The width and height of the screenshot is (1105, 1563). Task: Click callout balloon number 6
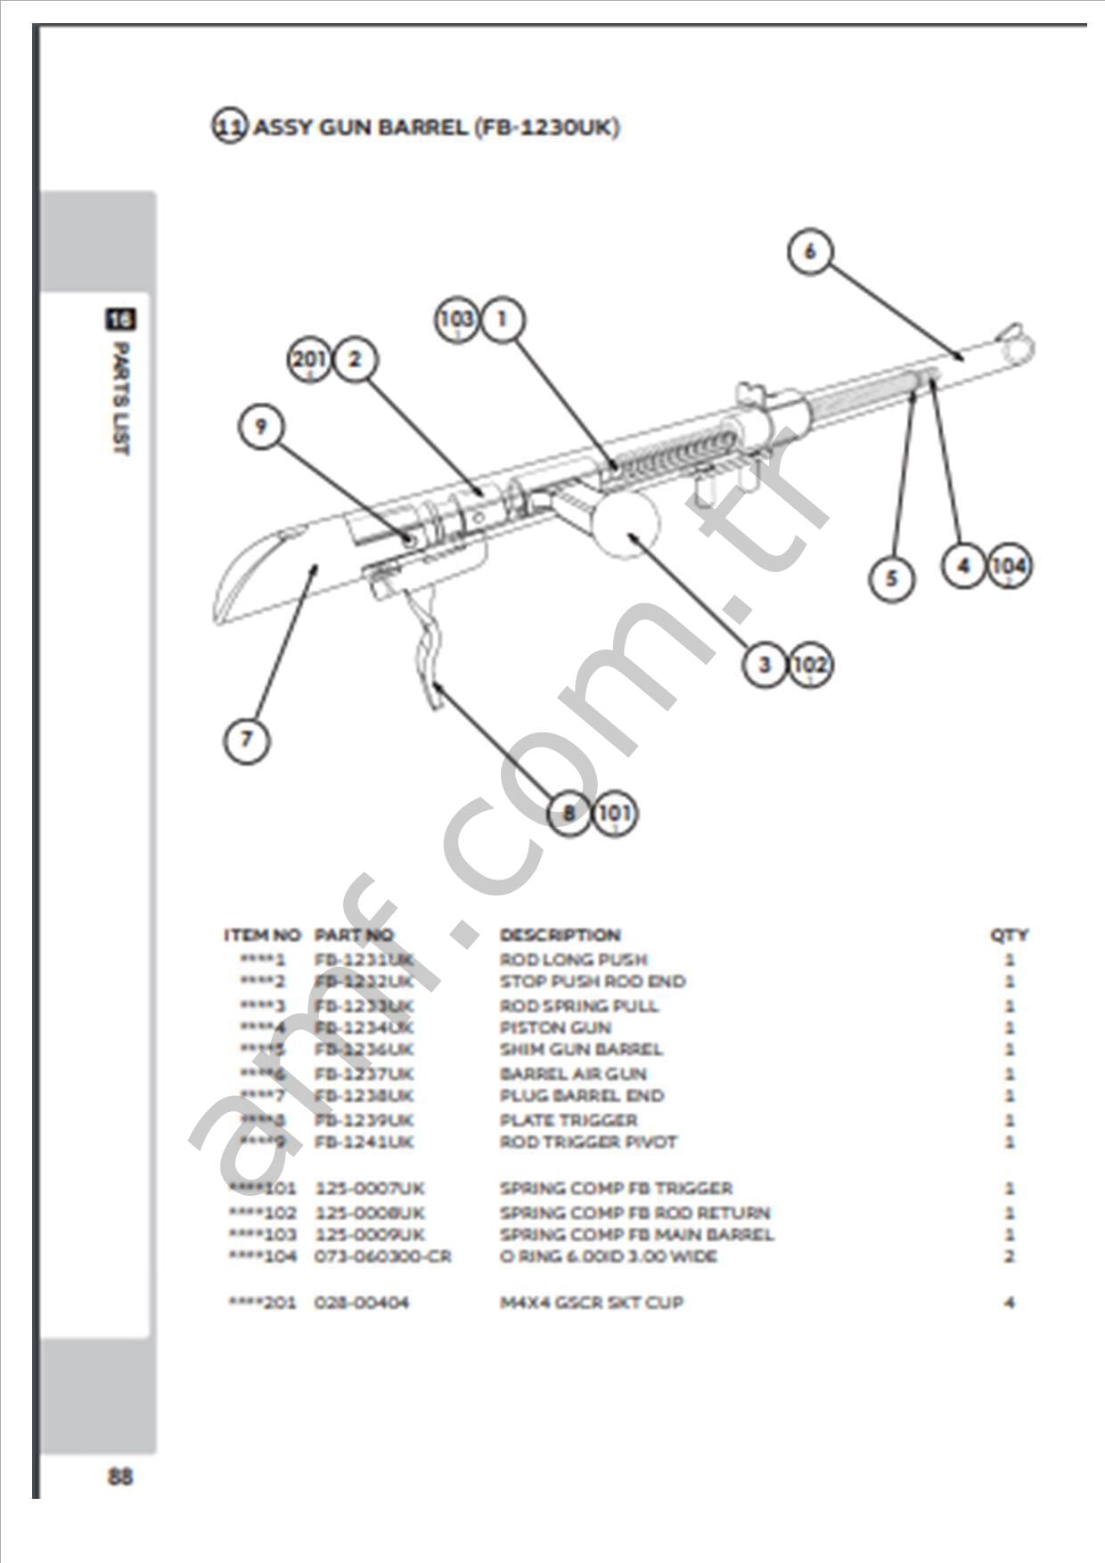click(x=809, y=251)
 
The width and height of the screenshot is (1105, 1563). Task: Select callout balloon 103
click(x=456, y=319)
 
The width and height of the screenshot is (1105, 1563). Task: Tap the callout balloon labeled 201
click(x=309, y=359)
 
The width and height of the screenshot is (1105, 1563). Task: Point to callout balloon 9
click(x=260, y=426)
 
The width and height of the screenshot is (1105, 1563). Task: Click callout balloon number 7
click(x=246, y=739)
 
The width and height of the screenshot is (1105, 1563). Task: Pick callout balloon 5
click(x=891, y=578)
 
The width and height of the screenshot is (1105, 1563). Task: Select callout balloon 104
click(x=1009, y=565)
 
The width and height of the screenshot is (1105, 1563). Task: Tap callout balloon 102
click(x=810, y=665)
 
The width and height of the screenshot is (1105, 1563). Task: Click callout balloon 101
click(x=615, y=813)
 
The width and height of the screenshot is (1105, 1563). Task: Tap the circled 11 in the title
click(x=228, y=127)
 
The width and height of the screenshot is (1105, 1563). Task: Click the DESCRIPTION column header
click(x=560, y=935)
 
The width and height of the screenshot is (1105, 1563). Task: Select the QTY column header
click(x=1009, y=935)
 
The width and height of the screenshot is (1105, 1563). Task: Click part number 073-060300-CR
click(x=382, y=1256)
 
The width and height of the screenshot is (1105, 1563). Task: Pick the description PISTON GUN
click(x=555, y=1027)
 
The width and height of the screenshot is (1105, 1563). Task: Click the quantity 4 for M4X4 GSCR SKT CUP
click(x=1009, y=1303)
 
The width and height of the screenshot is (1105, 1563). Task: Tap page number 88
click(x=120, y=1477)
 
